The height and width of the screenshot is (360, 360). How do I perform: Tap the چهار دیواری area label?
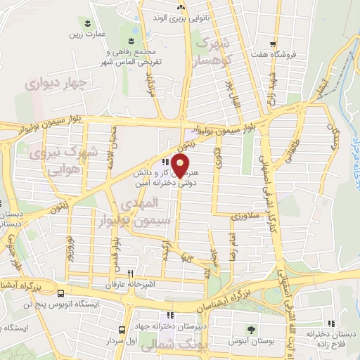pos(55,84)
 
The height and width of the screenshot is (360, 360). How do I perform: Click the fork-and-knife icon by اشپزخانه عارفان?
pos(130,274)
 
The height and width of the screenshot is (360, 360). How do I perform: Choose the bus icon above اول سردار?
pos(122,329)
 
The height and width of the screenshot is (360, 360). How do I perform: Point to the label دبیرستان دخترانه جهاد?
pos(173,326)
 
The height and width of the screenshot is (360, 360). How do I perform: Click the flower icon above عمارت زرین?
pos(86,22)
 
